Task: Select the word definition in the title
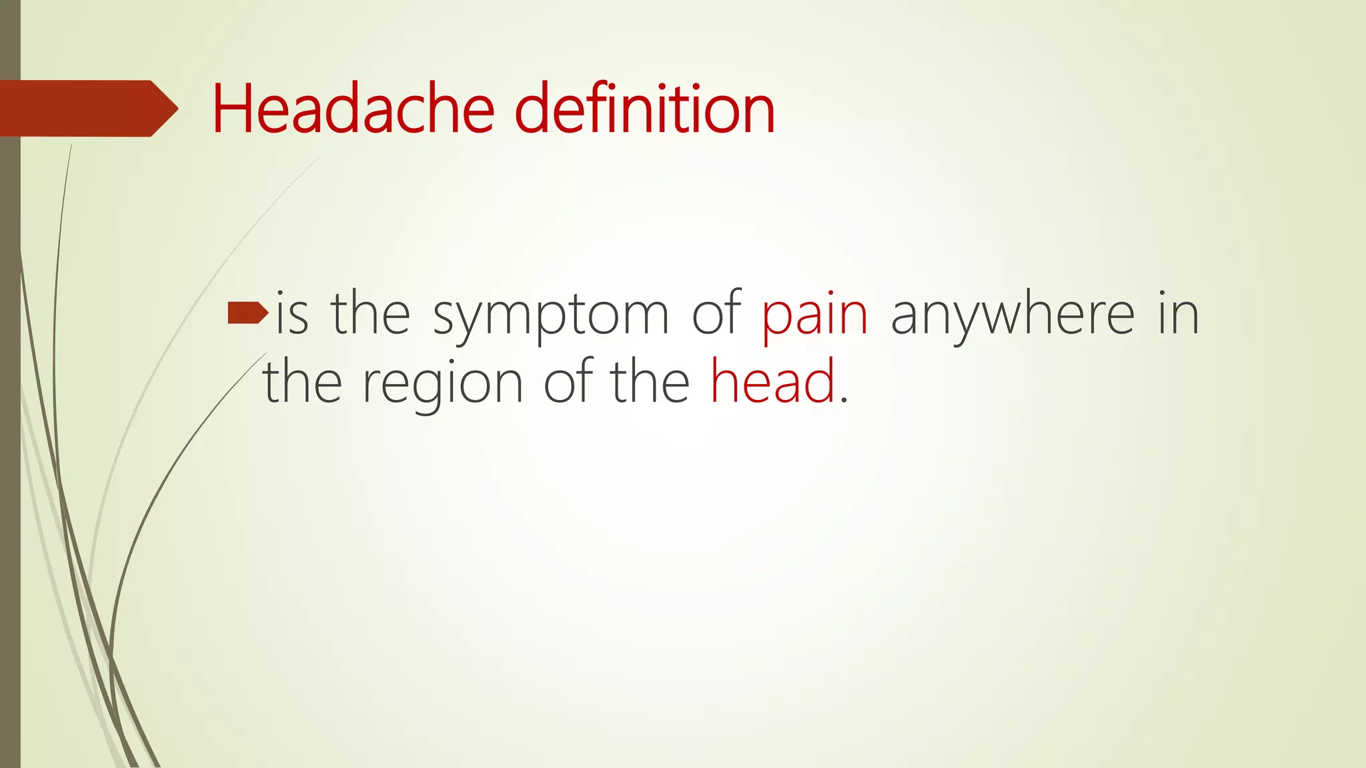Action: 644,109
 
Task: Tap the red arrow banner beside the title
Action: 87,109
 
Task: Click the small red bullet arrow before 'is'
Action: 247,313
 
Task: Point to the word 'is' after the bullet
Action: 292,313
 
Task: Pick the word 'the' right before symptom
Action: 370,313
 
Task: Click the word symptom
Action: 550,317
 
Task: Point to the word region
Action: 442,385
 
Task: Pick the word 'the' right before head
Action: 650,382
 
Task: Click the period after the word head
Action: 844,400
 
